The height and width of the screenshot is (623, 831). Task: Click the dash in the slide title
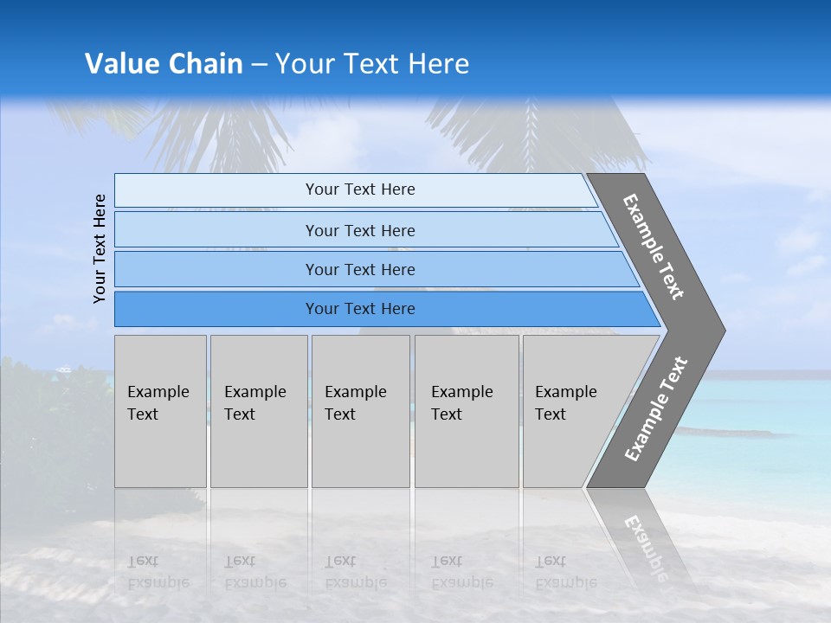pyautogui.click(x=259, y=65)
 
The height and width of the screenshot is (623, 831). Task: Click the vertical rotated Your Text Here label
pyautogui.click(x=100, y=248)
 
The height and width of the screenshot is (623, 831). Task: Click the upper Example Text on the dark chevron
pyautogui.click(x=654, y=247)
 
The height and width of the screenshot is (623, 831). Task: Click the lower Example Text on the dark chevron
pyautogui.click(x=656, y=409)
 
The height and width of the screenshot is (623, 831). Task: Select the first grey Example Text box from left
pyautogui.click(x=160, y=410)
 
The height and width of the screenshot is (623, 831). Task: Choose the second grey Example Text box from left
pyautogui.click(x=258, y=410)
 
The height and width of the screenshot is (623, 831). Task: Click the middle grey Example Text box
pyautogui.click(x=360, y=410)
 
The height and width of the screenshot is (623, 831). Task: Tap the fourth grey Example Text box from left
pyautogui.click(x=467, y=410)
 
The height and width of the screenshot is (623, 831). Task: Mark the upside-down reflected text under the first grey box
pyautogui.click(x=158, y=572)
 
